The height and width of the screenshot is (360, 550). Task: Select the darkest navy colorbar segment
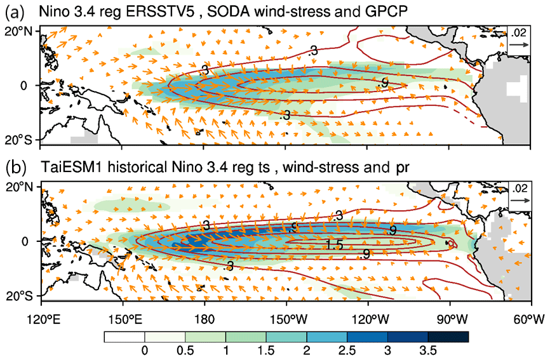pyautogui.click(x=448, y=337)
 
